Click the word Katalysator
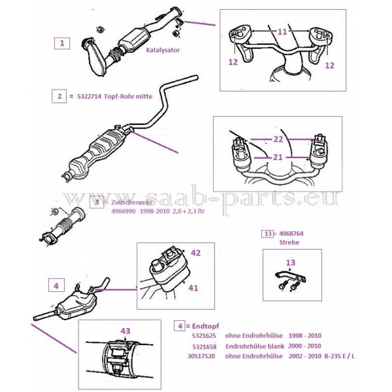tap(163, 50)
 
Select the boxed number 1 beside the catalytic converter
tap(62, 43)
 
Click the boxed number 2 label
tap(59, 96)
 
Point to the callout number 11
tap(282, 32)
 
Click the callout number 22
tap(278, 139)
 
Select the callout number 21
tap(278, 157)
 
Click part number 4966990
tap(123, 211)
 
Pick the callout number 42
tap(196, 253)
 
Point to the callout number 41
tap(193, 288)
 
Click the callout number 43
tap(125, 331)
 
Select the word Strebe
tap(289, 242)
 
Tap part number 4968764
tap(291, 234)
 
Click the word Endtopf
tap(206, 326)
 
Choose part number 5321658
tap(204, 347)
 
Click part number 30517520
tap(201, 356)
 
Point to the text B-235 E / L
tap(339, 356)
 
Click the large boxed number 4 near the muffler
tap(56, 286)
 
